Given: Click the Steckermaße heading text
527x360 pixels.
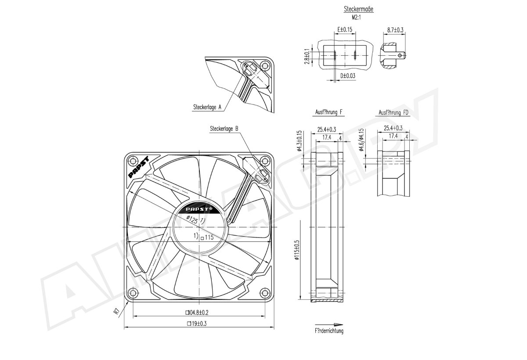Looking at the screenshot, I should tap(359, 9).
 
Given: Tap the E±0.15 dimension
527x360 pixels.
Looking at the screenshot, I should tap(345, 30).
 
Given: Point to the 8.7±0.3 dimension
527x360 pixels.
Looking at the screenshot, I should tap(395, 30).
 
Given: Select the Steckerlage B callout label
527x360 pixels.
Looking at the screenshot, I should tap(224, 129).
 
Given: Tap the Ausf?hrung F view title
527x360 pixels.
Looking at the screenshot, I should tap(329, 113).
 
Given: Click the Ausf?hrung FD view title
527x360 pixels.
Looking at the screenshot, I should tap(394, 113).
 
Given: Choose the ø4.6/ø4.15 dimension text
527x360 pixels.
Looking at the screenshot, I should tap(361, 140).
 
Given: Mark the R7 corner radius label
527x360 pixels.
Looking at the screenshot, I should tap(116, 312).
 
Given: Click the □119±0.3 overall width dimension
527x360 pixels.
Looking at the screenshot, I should tap(197, 324).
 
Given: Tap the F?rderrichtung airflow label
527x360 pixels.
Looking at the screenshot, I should tap(329, 331).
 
